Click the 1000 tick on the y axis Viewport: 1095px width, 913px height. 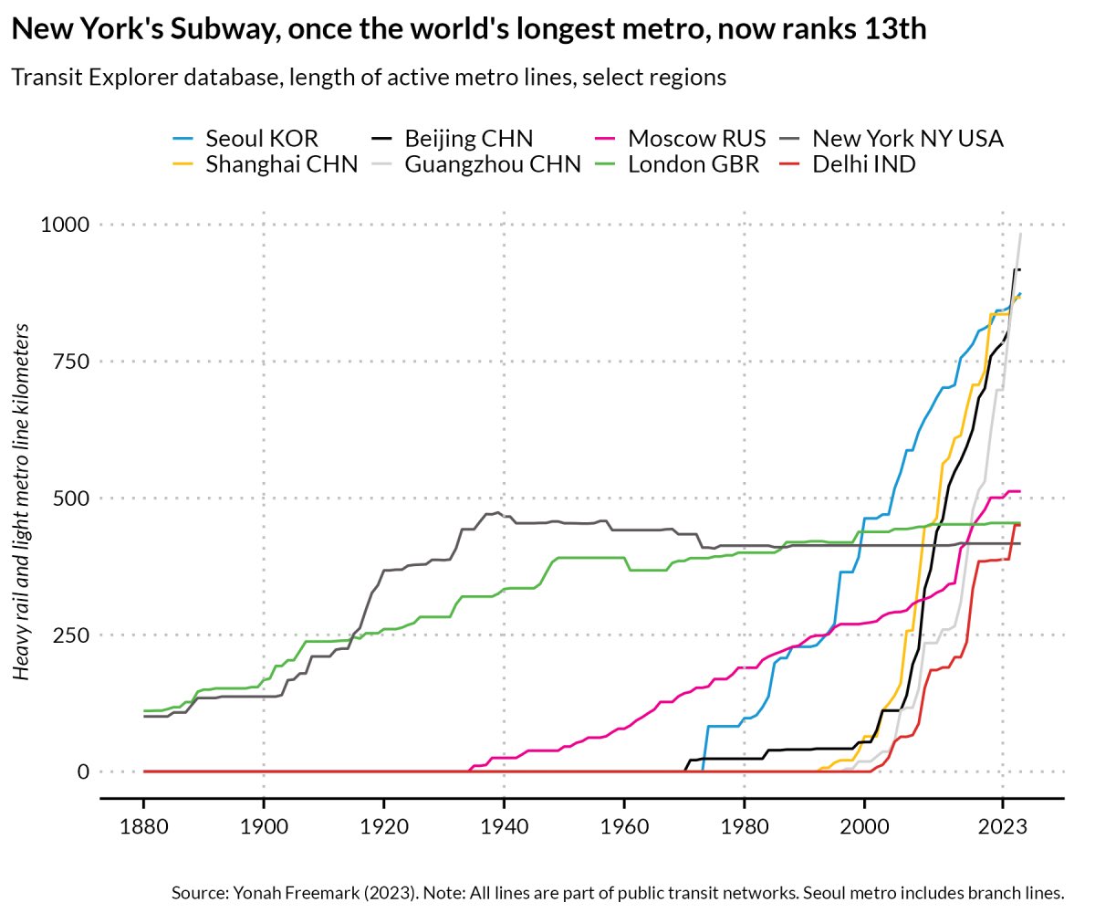coord(65,225)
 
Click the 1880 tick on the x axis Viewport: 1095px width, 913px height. coord(143,828)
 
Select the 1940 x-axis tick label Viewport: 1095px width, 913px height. coord(504,828)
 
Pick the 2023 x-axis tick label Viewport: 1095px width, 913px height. coord(1002,828)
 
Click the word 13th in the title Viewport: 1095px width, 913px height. coord(892,29)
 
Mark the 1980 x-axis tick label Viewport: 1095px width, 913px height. coord(744,828)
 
